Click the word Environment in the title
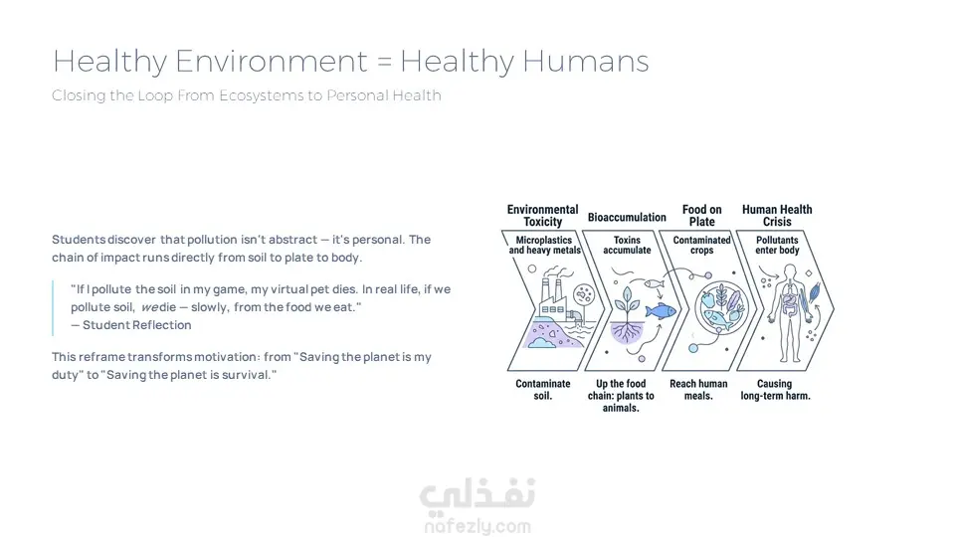272,61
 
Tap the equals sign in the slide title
384,62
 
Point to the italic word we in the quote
150,307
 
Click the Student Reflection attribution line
131,325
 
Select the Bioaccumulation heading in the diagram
627,218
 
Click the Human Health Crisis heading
777,216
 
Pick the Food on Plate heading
701,216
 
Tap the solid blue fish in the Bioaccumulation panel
661,311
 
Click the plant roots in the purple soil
627,332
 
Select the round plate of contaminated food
721,307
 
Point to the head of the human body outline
790,270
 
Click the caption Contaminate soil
543,390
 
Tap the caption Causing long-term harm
775,390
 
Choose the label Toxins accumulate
627,245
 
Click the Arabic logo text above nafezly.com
477,493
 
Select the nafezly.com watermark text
477,526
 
